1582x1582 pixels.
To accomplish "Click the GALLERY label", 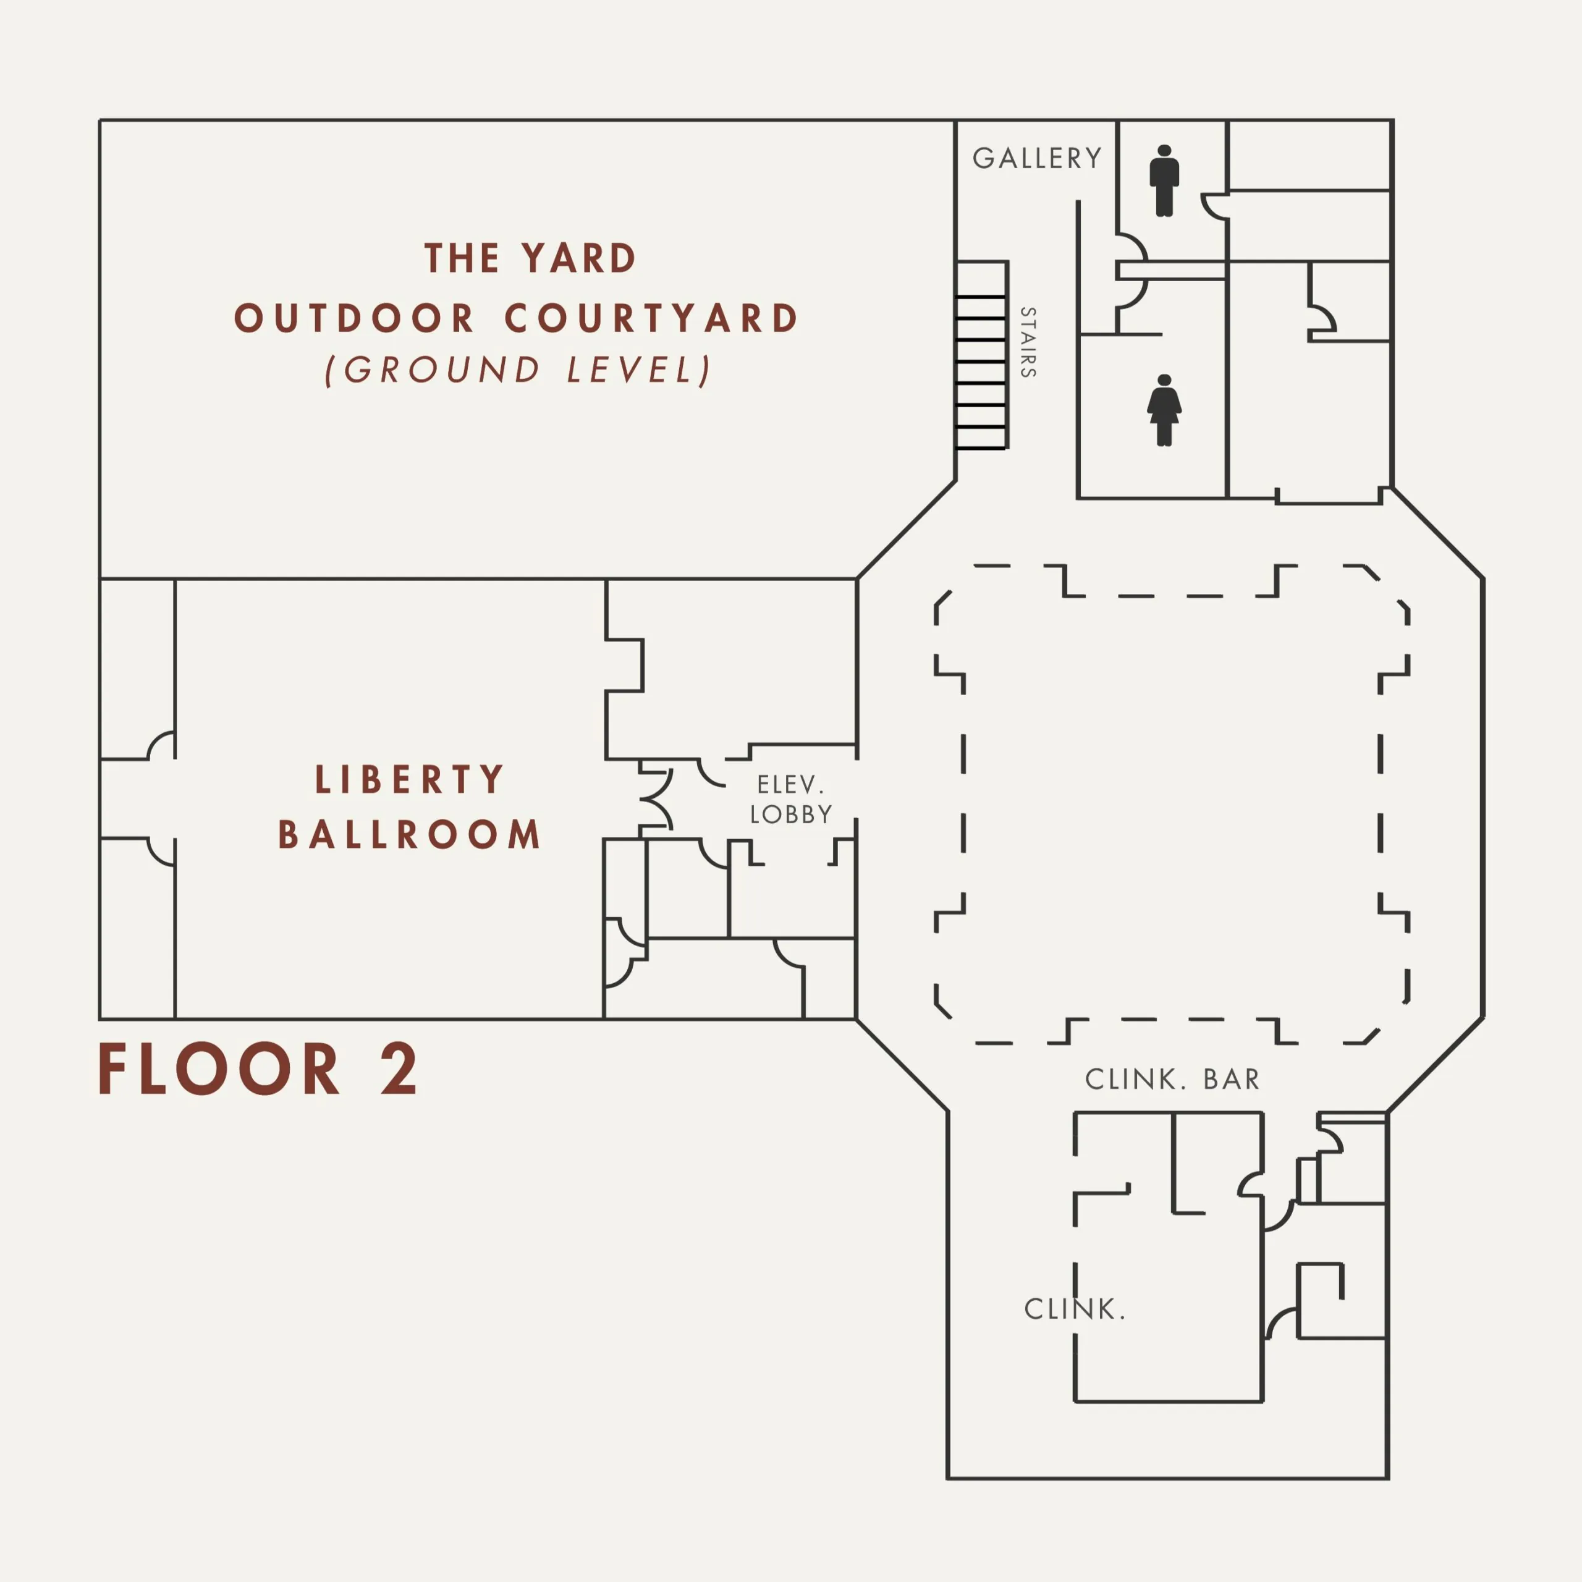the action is [x=1037, y=158].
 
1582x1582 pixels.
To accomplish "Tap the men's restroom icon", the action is [x=1164, y=181].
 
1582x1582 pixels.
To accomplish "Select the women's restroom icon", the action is [x=1164, y=410].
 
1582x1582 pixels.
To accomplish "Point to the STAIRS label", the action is [x=1028, y=342].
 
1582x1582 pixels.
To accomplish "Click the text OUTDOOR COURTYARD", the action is [x=516, y=318].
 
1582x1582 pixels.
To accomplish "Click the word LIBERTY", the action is [x=410, y=779].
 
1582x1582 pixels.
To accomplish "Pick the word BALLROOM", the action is [x=410, y=834].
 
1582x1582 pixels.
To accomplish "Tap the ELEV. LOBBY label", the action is [x=791, y=799].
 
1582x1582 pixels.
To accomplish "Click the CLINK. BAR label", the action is [x=1172, y=1079].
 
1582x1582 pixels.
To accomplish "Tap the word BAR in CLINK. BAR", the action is [x=1231, y=1079].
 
